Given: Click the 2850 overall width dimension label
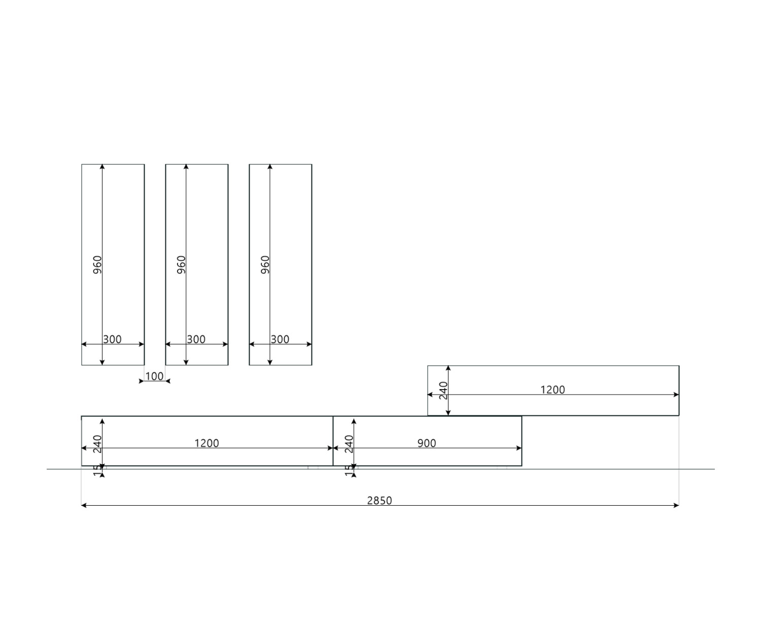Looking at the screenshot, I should [x=379, y=501].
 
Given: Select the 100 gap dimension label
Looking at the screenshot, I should [x=154, y=376].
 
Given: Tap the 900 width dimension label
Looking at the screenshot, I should [x=427, y=443].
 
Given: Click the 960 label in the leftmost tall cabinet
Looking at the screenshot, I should [x=97, y=265].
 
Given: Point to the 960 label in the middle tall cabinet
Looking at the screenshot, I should [x=181, y=265].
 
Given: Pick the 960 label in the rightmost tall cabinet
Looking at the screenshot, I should [x=265, y=265].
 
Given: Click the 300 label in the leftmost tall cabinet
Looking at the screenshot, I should [x=112, y=339].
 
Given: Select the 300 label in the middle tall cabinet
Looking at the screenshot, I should [x=196, y=339].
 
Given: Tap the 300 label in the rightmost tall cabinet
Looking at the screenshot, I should [x=280, y=339].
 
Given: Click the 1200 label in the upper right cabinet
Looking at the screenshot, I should [x=552, y=390].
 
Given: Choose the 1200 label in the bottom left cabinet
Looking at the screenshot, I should [x=206, y=443].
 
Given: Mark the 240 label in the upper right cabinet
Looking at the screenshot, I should [x=443, y=391].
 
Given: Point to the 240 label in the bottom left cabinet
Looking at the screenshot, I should [x=97, y=444].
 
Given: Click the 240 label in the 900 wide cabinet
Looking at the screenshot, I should [x=349, y=444].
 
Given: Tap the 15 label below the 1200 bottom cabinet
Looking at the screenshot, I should [x=97, y=471].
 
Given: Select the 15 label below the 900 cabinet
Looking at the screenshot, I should [x=349, y=471].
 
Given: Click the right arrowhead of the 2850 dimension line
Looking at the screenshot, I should [x=676, y=505].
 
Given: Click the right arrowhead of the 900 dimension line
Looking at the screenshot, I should [x=519, y=448].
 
